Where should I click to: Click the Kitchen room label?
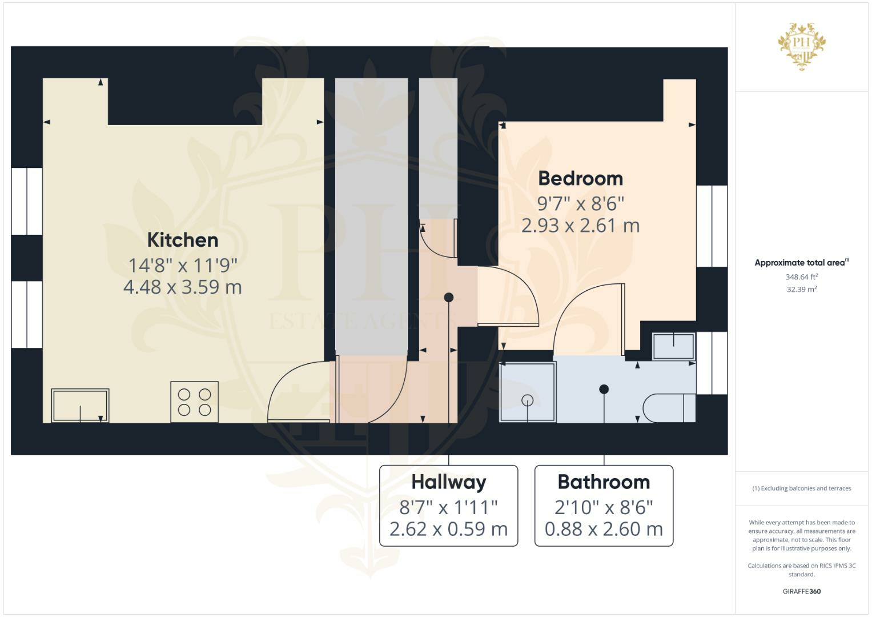pyautogui.click(x=183, y=240)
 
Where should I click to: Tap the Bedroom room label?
pyautogui.click(x=580, y=178)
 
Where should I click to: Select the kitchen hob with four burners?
pyautogui.click(x=194, y=402)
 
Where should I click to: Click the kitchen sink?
pyautogui.click(x=80, y=405)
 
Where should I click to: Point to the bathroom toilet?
pyautogui.click(x=669, y=407)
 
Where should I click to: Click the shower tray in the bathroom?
pyautogui.click(x=528, y=392)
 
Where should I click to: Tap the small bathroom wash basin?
pyautogui.click(x=674, y=346)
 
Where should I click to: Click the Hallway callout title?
pyautogui.click(x=449, y=482)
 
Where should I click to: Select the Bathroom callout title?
pyautogui.click(x=604, y=482)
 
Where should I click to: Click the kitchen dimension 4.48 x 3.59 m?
pyautogui.click(x=183, y=287)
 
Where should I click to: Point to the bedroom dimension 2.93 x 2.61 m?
pyautogui.click(x=580, y=226)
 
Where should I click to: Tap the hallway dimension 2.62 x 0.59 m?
pyautogui.click(x=449, y=529)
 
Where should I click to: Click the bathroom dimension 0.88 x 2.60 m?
pyautogui.click(x=604, y=529)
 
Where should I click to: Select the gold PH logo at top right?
pyautogui.click(x=802, y=46)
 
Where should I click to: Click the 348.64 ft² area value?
pyautogui.click(x=802, y=277)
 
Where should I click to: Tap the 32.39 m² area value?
pyautogui.click(x=802, y=290)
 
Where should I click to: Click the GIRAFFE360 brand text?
pyautogui.click(x=802, y=591)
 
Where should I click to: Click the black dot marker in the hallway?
pyautogui.click(x=449, y=297)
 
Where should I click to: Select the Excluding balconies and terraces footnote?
pyautogui.click(x=802, y=488)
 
